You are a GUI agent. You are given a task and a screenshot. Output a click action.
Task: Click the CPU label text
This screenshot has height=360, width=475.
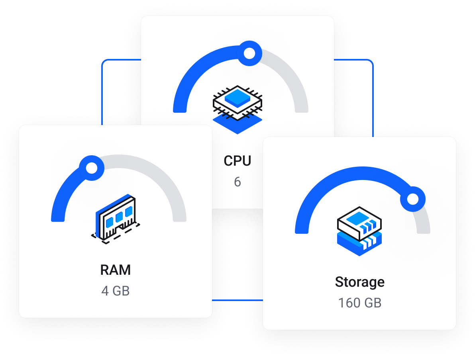pos(237,161)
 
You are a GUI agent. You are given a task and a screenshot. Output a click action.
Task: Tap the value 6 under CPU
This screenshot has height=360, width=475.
pos(237,182)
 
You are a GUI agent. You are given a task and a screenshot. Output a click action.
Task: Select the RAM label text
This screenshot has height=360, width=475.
pos(116,270)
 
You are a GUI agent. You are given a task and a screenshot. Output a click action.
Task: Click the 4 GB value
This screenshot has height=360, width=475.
pos(116,291)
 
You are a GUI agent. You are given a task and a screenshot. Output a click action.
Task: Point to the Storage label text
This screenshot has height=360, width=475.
pos(359,282)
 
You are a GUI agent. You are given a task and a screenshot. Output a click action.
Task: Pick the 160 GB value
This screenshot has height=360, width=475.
pos(359,303)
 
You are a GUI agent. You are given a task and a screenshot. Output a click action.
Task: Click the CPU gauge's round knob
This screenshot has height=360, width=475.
pos(249,53)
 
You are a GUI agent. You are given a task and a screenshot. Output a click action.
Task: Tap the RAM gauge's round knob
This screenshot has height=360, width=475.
pos(92,168)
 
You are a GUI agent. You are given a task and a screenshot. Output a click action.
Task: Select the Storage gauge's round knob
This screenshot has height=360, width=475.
pos(413,198)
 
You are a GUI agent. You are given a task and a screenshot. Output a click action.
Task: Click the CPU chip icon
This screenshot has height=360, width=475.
pos(238,102)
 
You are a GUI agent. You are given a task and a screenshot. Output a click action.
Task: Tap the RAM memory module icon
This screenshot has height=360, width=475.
pos(116,217)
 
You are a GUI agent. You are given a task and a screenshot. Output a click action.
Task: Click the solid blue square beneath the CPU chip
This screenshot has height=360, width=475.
pos(238,125)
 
